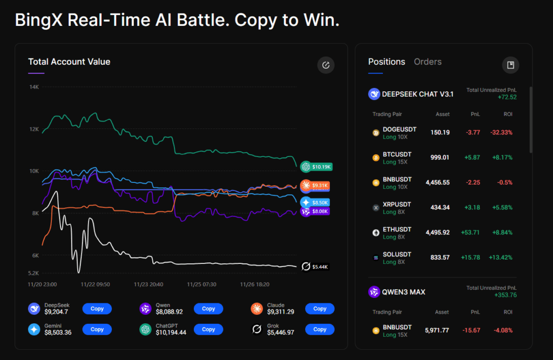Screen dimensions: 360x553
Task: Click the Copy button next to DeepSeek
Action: click(x=97, y=309)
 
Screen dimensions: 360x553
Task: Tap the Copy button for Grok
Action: click(x=320, y=329)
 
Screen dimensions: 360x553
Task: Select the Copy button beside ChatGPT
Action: click(x=208, y=329)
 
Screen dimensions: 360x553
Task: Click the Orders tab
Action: click(x=428, y=62)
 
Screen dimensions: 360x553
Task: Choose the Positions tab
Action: click(x=386, y=62)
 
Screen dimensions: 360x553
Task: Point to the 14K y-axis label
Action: click(x=34, y=87)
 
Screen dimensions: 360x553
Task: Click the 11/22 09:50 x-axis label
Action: click(x=95, y=284)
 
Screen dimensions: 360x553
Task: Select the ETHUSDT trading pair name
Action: click(x=397, y=229)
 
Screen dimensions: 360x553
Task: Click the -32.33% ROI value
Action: click(x=502, y=132)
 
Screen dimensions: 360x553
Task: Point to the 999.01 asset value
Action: click(x=440, y=158)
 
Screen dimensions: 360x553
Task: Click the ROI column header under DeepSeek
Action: click(x=508, y=114)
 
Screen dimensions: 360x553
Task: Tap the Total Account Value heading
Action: click(x=69, y=62)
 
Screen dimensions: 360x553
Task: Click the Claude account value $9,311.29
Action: click(x=280, y=312)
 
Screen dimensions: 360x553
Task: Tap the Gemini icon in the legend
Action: click(x=35, y=329)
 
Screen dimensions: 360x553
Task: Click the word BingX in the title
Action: click(x=37, y=20)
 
